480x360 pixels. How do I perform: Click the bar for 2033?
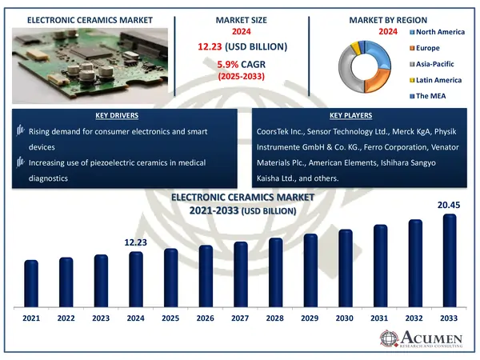pyautogui.click(x=450, y=260)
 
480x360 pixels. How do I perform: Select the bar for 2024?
pyautogui.click(x=136, y=280)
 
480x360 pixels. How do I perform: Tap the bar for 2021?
pyautogui.click(x=31, y=284)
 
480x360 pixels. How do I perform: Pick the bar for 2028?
pyautogui.click(x=275, y=272)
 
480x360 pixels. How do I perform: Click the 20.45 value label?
pyautogui.click(x=449, y=206)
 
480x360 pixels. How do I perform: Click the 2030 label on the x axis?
pyautogui.click(x=345, y=318)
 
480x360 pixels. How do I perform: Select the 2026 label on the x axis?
pyautogui.click(x=206, y=318)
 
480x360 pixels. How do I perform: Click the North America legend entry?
pyautogui.click(x=438, y=32)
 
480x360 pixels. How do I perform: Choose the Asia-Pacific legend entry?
pyautogui.click(x=436, y=63)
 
